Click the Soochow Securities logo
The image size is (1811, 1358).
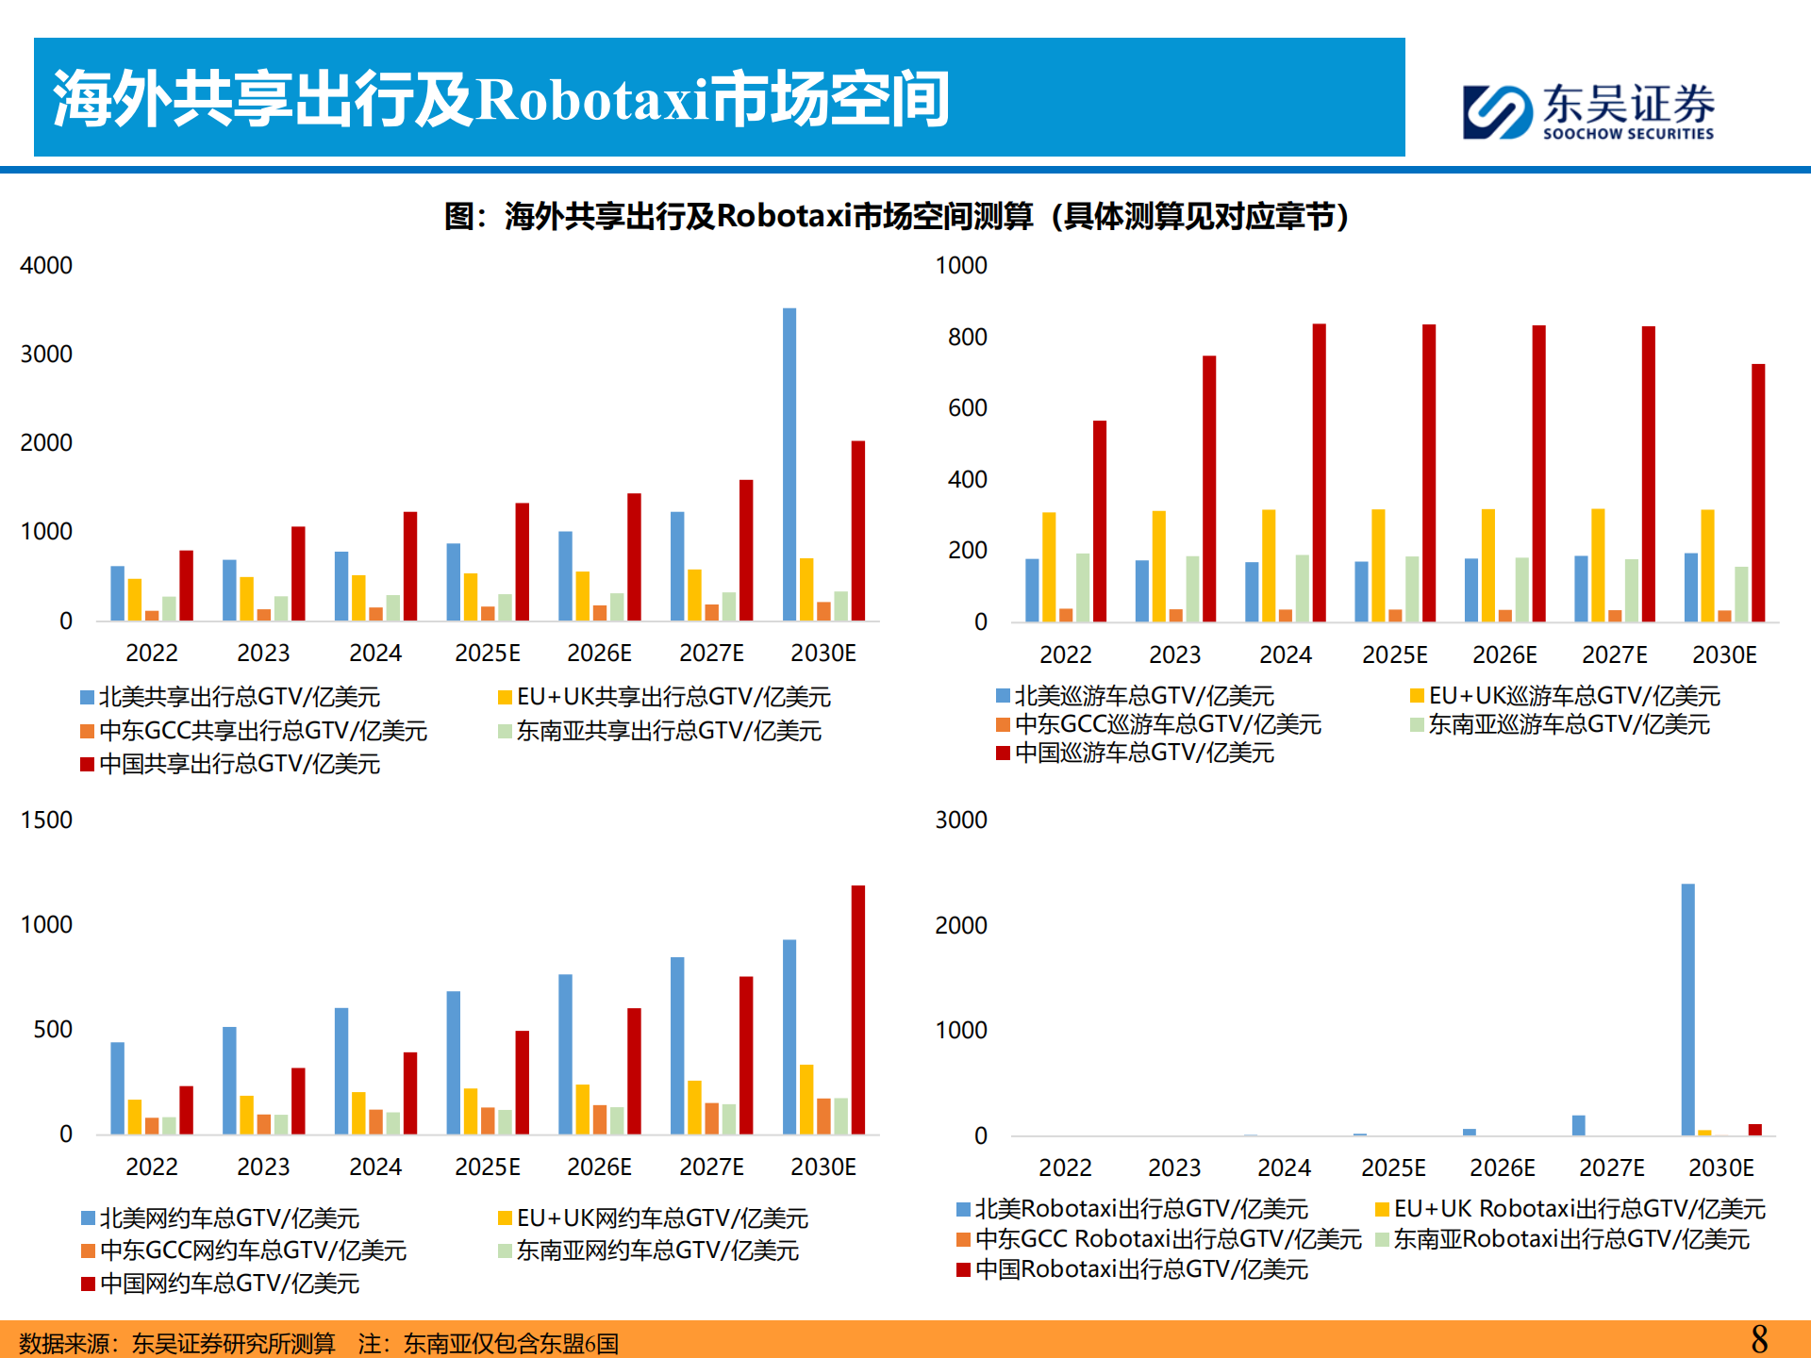[1588, 111]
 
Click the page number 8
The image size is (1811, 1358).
[1759, 1339]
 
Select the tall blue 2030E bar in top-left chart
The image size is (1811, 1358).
[789, 464]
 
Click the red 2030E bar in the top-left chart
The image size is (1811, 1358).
[858, 530]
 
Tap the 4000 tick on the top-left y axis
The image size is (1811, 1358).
[46, 266]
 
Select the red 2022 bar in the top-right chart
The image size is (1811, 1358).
[1100, 521]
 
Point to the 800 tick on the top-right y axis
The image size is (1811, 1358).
[967, 338]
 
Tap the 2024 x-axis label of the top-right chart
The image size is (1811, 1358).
[1285, 654]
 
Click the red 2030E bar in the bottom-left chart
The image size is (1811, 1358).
[858, 1009]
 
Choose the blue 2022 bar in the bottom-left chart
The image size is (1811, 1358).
[118, 1087]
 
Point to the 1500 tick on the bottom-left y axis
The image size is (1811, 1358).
[46, 820]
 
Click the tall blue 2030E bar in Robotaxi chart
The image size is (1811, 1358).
[1687, 1009]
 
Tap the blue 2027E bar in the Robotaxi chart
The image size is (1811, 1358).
[1579, 1125]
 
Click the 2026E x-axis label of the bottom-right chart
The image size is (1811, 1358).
[1503, 1168]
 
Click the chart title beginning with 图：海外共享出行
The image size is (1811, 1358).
[896, 217]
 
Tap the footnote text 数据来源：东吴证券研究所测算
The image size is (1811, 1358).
[177, 1343]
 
